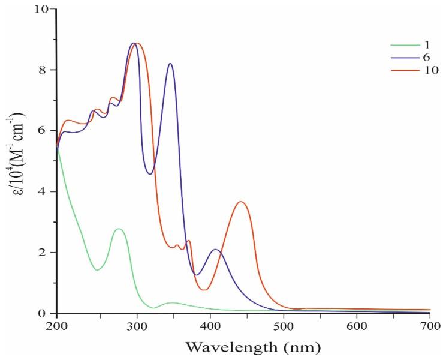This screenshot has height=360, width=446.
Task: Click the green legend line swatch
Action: coord(402,44)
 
